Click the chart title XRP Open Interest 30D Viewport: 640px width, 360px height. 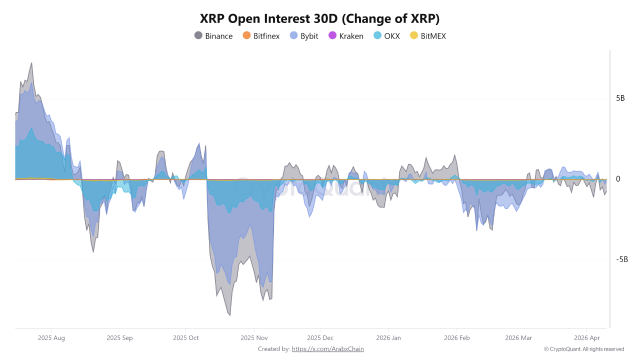[x=319, y=18]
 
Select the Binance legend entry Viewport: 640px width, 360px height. [x=213, y=36]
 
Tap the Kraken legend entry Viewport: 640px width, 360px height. [x=345, y=36]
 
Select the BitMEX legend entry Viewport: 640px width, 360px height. [x=427, y=36]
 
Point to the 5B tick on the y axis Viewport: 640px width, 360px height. [x=620, y=98]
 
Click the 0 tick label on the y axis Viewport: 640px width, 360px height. [x=618, y=179]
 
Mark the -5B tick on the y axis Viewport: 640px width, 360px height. [x=621, y=259]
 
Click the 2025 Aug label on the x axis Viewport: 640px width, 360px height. [x=51, y=338]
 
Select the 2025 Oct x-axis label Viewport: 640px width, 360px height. [x=186, y=338]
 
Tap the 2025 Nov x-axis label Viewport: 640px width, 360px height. [x=254, y=338]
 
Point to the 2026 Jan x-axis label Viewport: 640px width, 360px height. [x=389, y=338]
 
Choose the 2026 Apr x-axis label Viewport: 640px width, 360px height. [x=587, y=338]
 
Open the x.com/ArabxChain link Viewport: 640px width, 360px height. [x=327, y=349]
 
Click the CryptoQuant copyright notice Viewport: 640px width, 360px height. [x=584, y=349]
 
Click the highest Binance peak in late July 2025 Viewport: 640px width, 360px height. [x=31, y=63]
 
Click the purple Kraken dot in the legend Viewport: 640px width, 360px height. [x=332, y=36]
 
